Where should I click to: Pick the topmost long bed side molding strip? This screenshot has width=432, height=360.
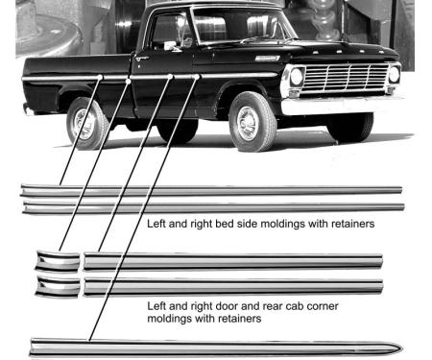coord(211,190)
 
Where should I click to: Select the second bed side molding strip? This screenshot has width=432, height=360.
coord(211,206)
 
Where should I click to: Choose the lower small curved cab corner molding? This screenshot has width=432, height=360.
coord(58,286)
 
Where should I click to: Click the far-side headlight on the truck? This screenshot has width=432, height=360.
coord(394,74)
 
